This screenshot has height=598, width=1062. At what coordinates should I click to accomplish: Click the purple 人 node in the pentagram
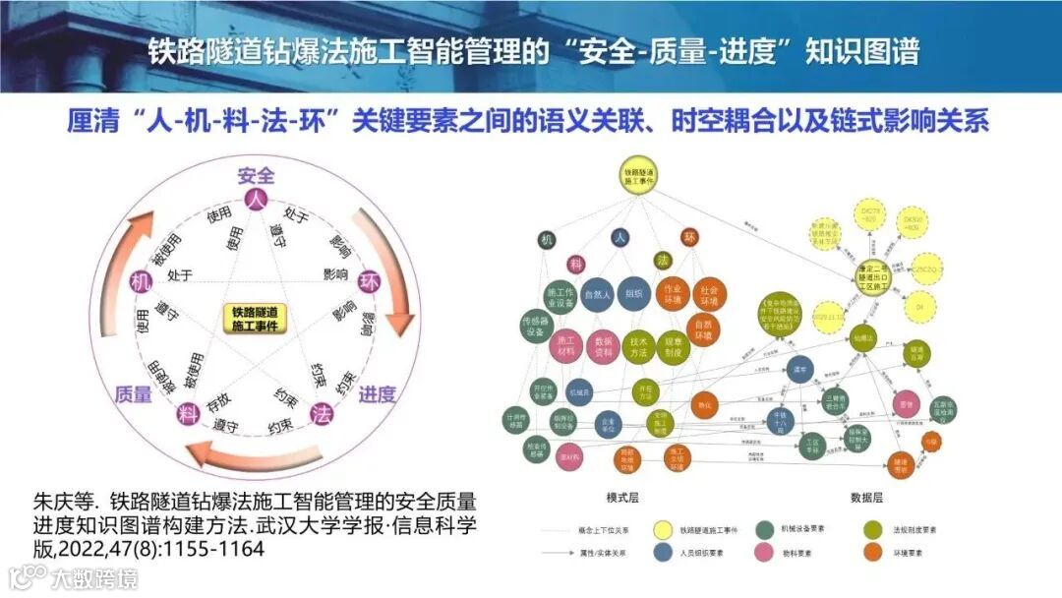coord(257,200)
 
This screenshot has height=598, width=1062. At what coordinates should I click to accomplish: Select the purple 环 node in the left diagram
coord(371,280)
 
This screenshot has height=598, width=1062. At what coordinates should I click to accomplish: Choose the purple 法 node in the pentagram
coord(321,414)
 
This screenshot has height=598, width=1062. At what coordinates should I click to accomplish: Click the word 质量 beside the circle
coord(133,394)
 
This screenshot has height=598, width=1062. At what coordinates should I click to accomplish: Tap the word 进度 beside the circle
coord(377,394)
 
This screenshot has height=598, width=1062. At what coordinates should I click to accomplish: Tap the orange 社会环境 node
coord(708,293)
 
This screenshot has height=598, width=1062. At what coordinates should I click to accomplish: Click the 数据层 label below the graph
coord(866,497)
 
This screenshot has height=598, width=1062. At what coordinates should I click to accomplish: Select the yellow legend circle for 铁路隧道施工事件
coord(663,529)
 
